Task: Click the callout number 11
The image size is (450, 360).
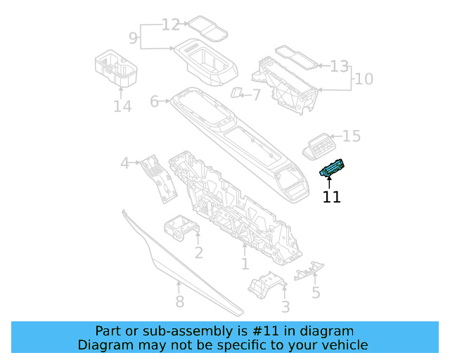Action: (x=331, y=198)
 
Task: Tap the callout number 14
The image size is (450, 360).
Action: (x=122, y=106)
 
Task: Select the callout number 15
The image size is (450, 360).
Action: (x=351, y=135)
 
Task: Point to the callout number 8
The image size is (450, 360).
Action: (x=179, y=302)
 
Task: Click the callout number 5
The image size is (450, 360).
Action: (x=316, y=292)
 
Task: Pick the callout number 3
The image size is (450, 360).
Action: (x=285, y=307)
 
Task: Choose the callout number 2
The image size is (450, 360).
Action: (x=199, y=252)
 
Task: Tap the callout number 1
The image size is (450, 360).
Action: (x=245, y=264)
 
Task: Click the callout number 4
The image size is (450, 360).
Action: (x=125, y=163)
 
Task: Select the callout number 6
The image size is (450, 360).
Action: (x=155, y=102)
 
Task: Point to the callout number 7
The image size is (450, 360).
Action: (x=255, y=94)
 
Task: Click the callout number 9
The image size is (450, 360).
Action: (x=133, y=36)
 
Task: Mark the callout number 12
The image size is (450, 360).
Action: (x=171, y=25)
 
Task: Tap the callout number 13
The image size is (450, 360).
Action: (x=339, y=67)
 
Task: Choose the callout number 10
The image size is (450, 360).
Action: (x=364, y=79)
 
